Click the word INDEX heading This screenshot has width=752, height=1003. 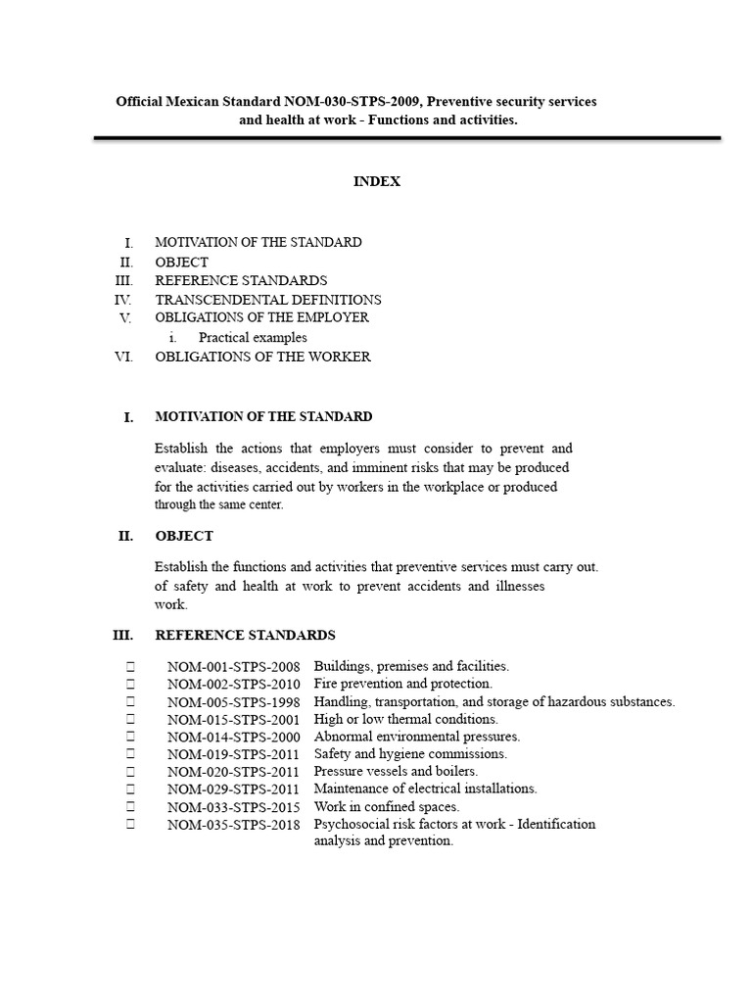377,181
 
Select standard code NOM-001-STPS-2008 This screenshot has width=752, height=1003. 233,667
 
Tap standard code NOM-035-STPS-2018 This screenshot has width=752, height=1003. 233,825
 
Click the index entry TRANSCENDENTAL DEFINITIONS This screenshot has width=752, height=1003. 268,300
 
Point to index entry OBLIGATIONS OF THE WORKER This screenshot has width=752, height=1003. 262,357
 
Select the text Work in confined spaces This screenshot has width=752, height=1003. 387,807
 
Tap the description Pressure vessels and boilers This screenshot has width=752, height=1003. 397,772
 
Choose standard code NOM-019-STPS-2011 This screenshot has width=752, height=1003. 233,755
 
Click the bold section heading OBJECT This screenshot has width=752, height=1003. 184,536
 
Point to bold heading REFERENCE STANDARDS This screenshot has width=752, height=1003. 245,635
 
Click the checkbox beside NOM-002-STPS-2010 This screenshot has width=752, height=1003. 129,684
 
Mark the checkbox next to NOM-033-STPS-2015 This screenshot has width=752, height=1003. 129,807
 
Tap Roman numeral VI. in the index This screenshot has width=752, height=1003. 123,357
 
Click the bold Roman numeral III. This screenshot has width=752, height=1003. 122,635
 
